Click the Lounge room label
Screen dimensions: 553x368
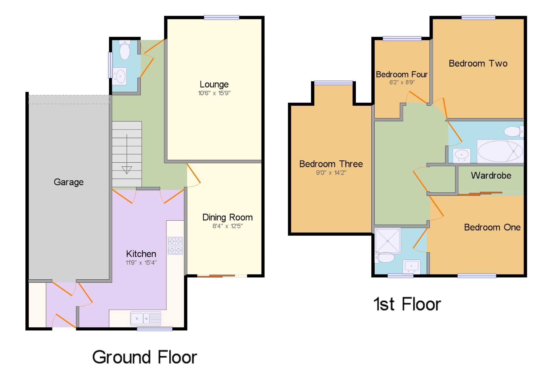click(214, 84)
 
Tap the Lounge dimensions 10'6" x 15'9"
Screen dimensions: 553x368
click(214, 93)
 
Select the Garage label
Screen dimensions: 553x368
click(69, 182)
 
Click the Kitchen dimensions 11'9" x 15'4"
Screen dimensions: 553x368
click(141, 263)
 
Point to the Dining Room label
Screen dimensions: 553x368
click(228, 217)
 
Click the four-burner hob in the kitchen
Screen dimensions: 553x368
click(175, 246)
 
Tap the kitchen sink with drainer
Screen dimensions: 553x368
click(146, 319)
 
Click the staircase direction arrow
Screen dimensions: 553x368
click(127, 154)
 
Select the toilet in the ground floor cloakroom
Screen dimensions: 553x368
click(125, 50)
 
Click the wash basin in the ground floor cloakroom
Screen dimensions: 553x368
click(119, 76)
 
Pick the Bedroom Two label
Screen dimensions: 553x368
click(478, 63)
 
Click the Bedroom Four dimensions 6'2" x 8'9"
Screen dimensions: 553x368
click(402, 82)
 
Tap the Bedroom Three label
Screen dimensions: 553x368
click(331, 164)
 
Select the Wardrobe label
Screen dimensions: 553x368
click(491, 176)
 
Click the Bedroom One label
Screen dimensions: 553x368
click(492, 227)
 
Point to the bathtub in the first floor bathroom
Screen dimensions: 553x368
click(500, 151)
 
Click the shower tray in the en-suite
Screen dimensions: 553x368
click(388, 241)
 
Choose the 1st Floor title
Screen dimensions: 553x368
click(407, 304)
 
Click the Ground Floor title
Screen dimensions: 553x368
click(145, 357)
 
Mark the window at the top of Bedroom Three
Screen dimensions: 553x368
click(333, 83)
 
